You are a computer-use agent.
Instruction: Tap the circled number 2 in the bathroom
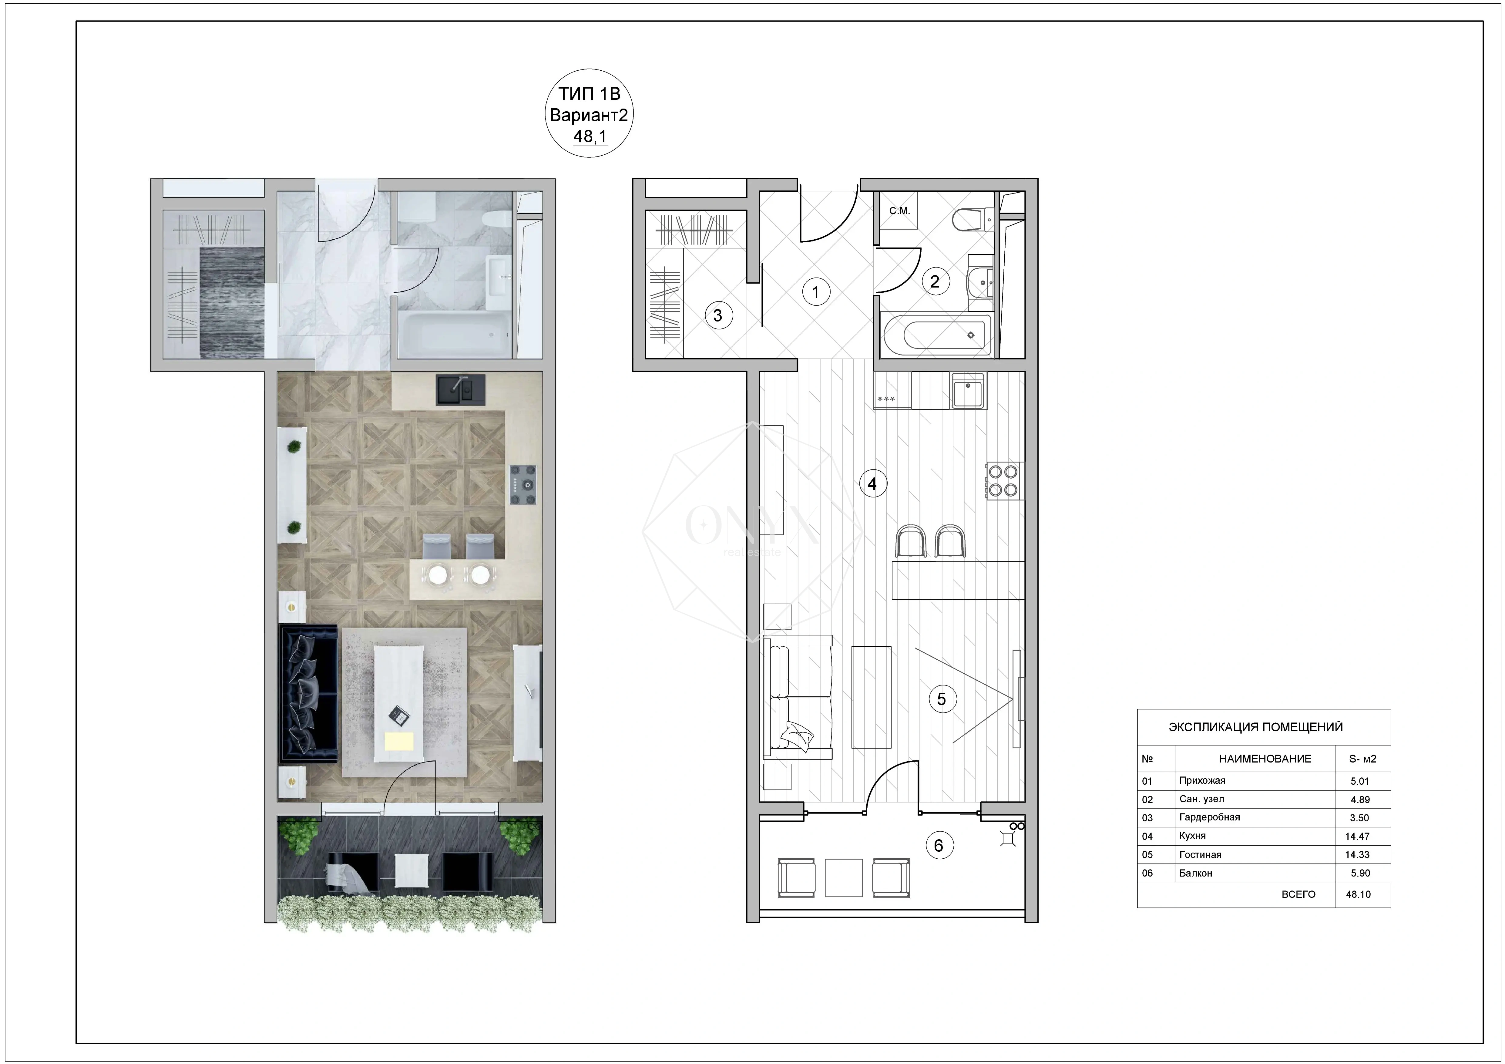click(935, 281)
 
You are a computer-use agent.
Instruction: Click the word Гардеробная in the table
click(1209, 817)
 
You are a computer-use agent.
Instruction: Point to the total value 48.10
click(1358, 894)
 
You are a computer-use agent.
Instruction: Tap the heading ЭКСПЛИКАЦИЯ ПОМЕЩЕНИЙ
click(1256, 727)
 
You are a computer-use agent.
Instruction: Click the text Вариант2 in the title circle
click(589, 115)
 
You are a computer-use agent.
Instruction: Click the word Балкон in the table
click(1196, 873)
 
